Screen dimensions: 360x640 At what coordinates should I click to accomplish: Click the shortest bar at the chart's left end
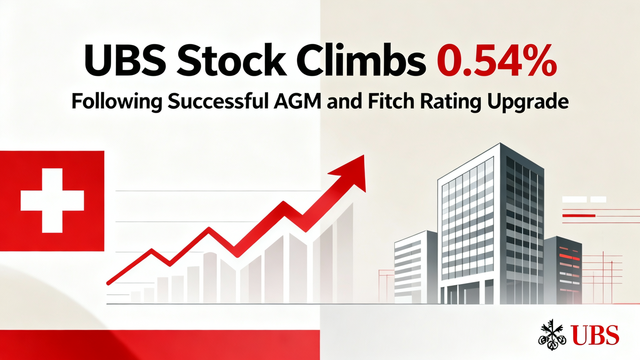135,297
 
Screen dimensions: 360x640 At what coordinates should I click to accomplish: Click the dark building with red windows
563,270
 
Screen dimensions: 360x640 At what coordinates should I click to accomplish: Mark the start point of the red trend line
108,283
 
